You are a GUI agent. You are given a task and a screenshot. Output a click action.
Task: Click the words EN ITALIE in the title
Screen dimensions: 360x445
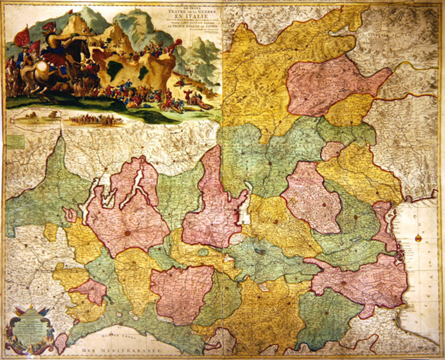pos(192,18)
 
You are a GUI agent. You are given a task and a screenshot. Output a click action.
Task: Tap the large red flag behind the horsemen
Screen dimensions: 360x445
pos(22,37)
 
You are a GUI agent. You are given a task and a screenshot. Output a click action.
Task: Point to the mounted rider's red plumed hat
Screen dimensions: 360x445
pos(49,26)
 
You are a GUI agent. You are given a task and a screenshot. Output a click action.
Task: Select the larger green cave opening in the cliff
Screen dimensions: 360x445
pos(114,69)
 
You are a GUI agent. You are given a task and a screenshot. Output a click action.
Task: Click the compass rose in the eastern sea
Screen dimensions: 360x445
pos(418,238)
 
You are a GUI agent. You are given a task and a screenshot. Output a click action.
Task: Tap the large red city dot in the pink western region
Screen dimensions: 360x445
pos(128,233)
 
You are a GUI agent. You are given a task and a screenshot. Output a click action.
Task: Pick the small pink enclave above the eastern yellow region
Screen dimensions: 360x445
pos(332,150)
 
